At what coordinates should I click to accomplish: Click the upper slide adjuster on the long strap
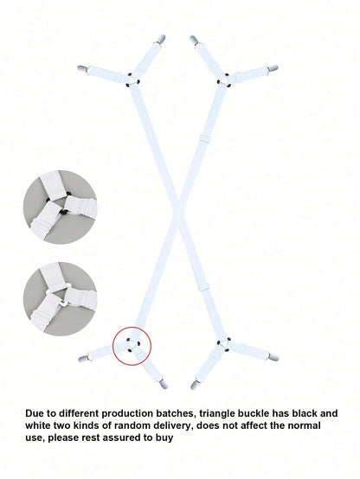203,138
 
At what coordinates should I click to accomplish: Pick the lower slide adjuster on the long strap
203,287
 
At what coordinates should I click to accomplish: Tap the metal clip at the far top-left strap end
82,68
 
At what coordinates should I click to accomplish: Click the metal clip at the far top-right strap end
273,67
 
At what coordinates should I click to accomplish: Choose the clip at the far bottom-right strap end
273,357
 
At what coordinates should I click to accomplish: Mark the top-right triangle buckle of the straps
224,79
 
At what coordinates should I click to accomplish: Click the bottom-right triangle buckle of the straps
224,343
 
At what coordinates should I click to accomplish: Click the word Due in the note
35,413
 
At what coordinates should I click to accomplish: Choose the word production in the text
127,413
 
